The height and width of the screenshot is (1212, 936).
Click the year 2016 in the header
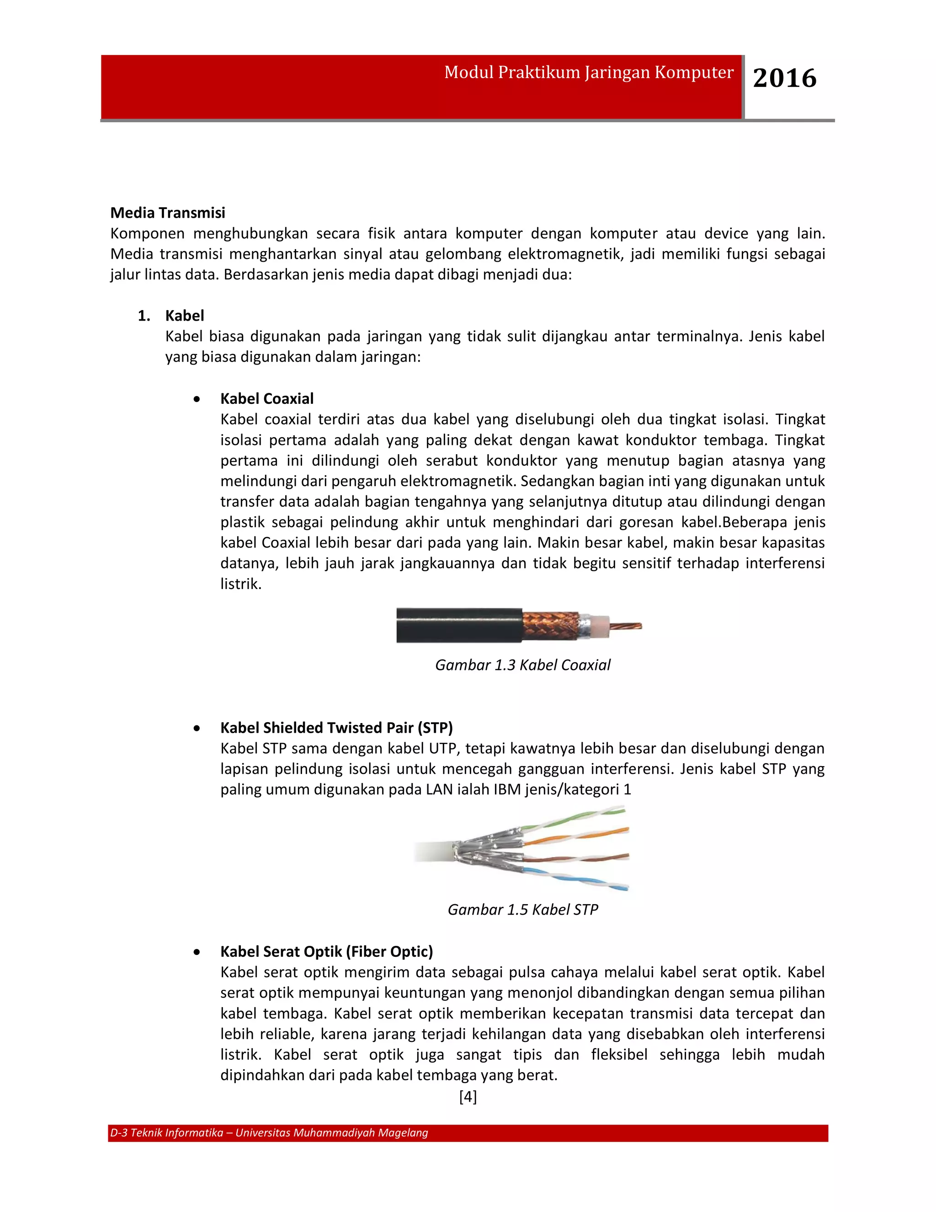pyautogui.click(x=784, y=78)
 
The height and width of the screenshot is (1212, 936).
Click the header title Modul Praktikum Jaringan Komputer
pyautogui.click(x=588, y=73)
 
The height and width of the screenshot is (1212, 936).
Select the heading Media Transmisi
pyautogui.click(x=167, y=213)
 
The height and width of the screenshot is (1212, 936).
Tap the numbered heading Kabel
pyautogui.click(x=185, y=316)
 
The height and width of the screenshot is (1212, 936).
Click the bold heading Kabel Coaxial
pyautogui.click(x=267, y=398)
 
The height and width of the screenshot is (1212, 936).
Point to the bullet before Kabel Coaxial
pyautogui.click(x=197, y=399)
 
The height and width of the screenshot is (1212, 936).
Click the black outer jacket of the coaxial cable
pyautogui.click(x=458, y=625)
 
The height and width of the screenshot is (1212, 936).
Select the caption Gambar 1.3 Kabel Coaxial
pyautogui.click(x=522, y=665)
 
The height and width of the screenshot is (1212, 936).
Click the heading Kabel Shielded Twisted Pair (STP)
pyautogui.click(x=336, y=728)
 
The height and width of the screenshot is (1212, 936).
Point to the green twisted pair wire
pyautogui.click(x=577, y=817)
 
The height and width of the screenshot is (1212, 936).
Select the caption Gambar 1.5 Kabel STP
pyautogui.click(x=522, y=910)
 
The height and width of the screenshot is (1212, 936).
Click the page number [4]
pyautogui.click(x=468, y=1097)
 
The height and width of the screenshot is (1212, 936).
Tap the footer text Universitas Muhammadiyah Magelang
pyautogui.click(x=332, y=1132)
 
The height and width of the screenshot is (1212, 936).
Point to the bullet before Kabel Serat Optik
pyautogui.click(x=197, y=952)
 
